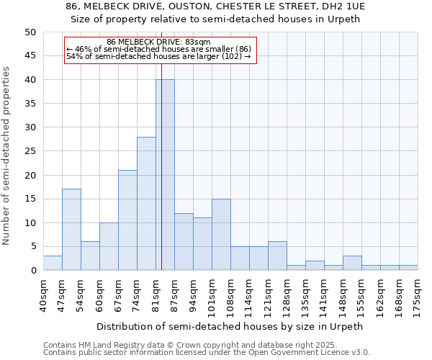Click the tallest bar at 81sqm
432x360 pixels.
click(165, 175)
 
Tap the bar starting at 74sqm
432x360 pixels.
click(146, 204)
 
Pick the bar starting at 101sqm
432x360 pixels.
click(221, 235)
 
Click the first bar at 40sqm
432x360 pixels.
click(53, 264)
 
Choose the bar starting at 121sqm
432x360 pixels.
click(277, 256)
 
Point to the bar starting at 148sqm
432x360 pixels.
click(352, 264)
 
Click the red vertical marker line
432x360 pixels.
click(161, 180)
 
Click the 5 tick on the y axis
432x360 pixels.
click(33, 247)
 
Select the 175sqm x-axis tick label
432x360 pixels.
click(418, 294)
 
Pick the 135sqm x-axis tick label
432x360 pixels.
click(305, 294)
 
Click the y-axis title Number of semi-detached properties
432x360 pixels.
click(6, 156)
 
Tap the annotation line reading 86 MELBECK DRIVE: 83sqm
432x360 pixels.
click(158, 42)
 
